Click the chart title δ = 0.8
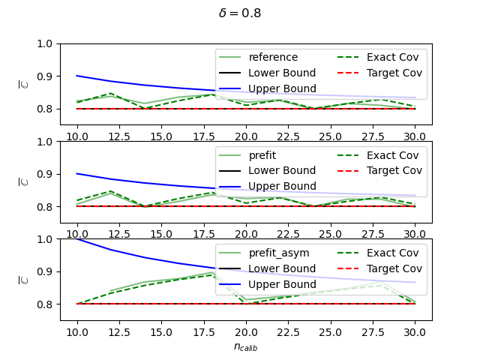point(240,13)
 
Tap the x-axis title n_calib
point(245,346)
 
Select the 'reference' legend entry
point(273,57)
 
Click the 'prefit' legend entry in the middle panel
point(262,155)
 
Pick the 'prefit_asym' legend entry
point(279,253)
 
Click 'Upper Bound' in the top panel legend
point(282,88)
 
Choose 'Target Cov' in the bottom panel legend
point(394,268)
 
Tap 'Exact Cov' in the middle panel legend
point(392,155)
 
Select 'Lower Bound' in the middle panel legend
point(282,170)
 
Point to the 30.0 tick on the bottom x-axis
point(415,332)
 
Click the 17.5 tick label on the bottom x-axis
point(204,332)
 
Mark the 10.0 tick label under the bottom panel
point(77,332)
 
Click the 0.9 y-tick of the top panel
point(45,76)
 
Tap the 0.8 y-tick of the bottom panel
point(45,304)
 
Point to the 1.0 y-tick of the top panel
point(45,43)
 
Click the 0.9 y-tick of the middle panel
point(45,174)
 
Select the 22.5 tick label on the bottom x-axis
point(288,332)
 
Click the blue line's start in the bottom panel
point(77,239)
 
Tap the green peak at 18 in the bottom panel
point(211,272)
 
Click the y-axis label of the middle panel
point(23,181)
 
